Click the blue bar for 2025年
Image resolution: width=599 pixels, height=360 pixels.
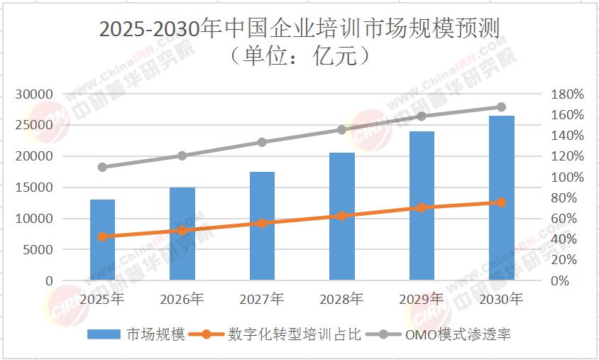click(x=102, y=240)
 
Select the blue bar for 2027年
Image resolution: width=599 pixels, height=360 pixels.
click(x=262, y=226)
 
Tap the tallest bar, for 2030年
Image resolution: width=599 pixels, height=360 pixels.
click(x=501, y=198)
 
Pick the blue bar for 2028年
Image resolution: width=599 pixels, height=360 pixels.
click(x=342, y=217)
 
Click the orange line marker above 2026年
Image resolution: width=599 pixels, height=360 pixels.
click(x=182, y=230)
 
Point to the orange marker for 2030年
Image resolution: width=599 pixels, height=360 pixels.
click(x=501, y=202)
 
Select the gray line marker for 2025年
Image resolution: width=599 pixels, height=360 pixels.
click(x=102, y=168)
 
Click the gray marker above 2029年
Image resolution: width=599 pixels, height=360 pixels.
click(x=422, y=116)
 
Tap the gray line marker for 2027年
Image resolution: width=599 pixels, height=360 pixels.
click(x=262, y=142)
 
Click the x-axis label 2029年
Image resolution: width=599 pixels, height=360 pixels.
click(x=422, y=299)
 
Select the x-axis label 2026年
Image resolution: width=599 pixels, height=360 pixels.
click(x=182, y=299)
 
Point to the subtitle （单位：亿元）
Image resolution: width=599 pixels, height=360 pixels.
click(x=299, y=55)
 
